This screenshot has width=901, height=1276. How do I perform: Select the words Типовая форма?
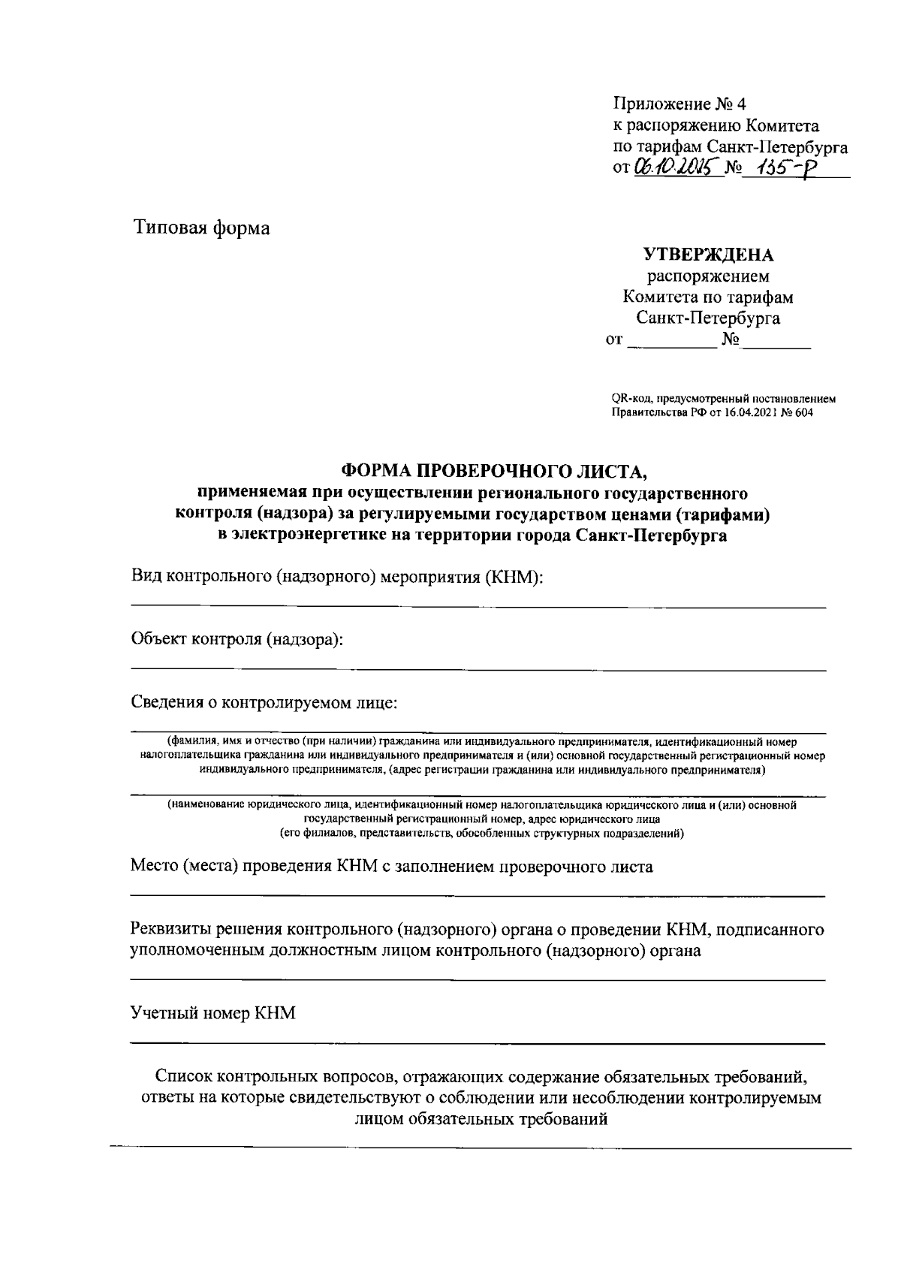tap(201, 227)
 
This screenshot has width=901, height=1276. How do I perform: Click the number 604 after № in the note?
tap(803, 412)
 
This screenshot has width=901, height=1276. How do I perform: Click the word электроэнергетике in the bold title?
tap(296, 535)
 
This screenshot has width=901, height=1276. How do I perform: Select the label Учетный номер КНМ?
tap(213, 1013)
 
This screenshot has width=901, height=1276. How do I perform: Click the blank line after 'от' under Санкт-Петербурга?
tap(672, 341)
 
